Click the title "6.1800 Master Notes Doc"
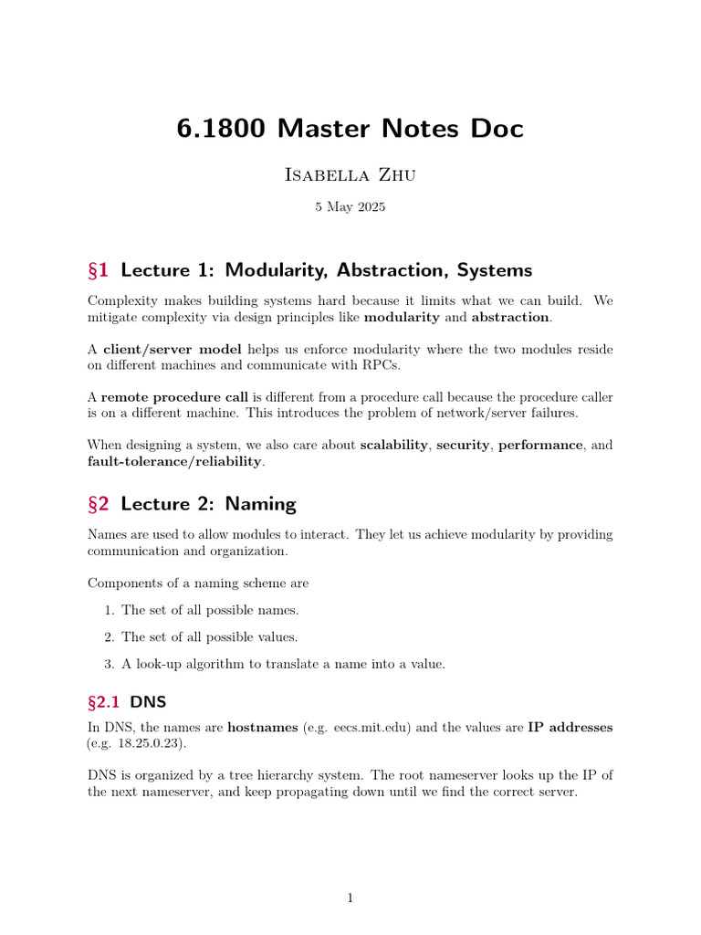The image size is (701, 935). point(350,129)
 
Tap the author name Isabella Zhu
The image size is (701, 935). point(350,174)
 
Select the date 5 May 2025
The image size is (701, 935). point(350,207)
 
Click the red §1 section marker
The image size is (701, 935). point(98,270)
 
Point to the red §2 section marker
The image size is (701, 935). point(98,504)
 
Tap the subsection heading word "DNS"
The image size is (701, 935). point(149,703)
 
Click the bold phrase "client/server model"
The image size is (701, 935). point(173,350)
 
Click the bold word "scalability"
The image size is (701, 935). point(394,445)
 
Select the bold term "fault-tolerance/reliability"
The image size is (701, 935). point(174,461)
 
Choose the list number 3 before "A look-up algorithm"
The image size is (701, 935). point(108,665)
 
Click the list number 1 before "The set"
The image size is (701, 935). point(108,610)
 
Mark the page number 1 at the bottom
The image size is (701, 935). point(350,898)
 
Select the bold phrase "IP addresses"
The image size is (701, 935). point(570,728)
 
